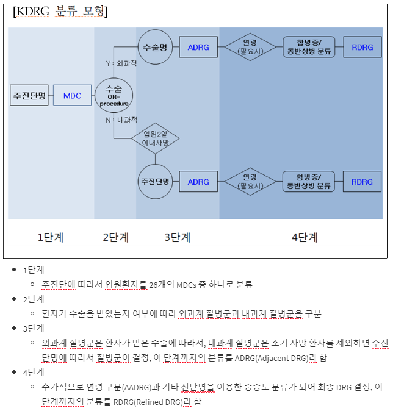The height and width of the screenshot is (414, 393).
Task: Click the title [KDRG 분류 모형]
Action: pyautogui.click(x=60, y=12)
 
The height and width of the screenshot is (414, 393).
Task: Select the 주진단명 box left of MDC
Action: pyautogui.click(x=29, y=96)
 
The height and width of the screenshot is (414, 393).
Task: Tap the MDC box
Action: pyautogui.click(x=72, y=96)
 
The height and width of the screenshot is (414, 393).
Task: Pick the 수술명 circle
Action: pyautogui.click(x=155, y=47)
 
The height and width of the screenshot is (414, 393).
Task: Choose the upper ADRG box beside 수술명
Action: pyautogui.click(x=198, y=47)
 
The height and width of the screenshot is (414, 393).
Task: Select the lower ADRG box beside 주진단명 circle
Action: pyautogui.click(x=198, y=182)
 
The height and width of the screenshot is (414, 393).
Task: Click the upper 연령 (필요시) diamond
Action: pyautogui.click(x=250, y=47)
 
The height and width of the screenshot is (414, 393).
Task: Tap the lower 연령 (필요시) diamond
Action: pyautogui.click(x=250, y=182)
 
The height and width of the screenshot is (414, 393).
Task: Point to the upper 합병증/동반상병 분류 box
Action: pyautogui.click(x=309, y=47)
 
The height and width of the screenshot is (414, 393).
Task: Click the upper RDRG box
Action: pyautogui.click(x=362, y=47)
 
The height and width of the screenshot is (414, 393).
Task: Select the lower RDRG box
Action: pyautogui.click(x=362, y=182)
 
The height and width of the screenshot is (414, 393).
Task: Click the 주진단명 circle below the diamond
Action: pyautogui.click(x=155, y=182)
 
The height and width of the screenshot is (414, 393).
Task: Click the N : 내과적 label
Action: pyautogui.click(x=122, y=120)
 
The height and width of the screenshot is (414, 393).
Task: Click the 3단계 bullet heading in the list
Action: pyautogui.click(x=34, y=329)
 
